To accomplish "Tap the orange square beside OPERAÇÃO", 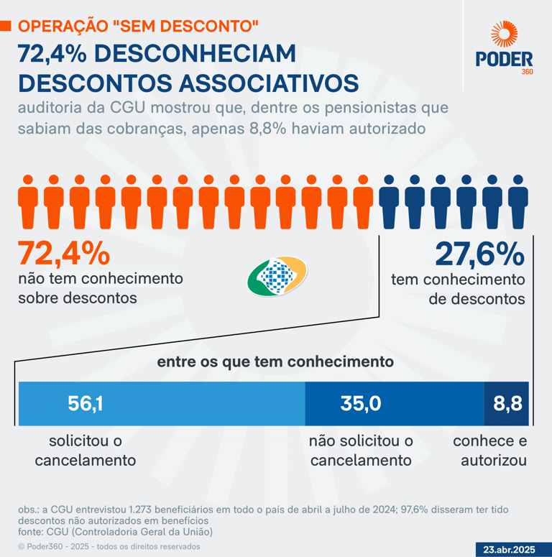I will [x=5, y=27].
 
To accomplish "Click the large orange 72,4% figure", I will [x=64, y=253].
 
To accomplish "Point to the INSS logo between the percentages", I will [x=277, y=277].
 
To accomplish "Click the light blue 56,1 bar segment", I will [x=162, y=403].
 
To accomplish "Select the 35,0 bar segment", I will [x=395, y=403].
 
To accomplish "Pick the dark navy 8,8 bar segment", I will [x=507, y=403].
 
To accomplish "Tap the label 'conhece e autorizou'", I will [x=489, y=450].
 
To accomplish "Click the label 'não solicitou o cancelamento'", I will [x=361, y=450].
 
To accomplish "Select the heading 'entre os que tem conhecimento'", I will [x=275, y=362].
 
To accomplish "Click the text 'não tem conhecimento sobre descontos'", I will [x=101, y=287].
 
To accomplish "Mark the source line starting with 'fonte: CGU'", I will [x=116, y=532].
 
